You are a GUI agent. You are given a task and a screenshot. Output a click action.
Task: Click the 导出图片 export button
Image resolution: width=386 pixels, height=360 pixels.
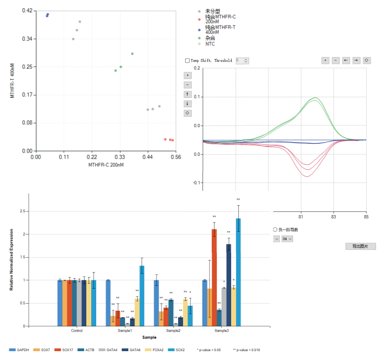point(360,246)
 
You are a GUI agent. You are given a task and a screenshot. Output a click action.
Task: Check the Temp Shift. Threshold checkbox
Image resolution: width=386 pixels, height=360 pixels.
point(187,60)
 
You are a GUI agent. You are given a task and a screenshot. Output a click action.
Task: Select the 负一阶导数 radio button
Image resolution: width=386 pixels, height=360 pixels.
point(275,229)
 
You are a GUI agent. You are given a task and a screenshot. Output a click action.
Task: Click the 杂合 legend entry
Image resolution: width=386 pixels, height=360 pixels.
point(210,38)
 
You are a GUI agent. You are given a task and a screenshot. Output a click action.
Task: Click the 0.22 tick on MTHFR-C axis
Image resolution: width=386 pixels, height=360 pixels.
point(92,157)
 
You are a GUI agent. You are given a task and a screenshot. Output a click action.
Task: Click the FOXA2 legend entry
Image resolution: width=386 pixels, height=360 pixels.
point(157,350)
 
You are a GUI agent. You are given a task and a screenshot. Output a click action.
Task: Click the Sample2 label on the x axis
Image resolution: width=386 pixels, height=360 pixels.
point(173,331)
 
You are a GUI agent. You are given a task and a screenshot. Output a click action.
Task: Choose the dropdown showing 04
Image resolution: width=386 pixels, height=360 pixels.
point(286,238)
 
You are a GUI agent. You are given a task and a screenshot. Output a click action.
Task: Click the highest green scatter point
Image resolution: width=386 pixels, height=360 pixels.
point(132,54)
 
